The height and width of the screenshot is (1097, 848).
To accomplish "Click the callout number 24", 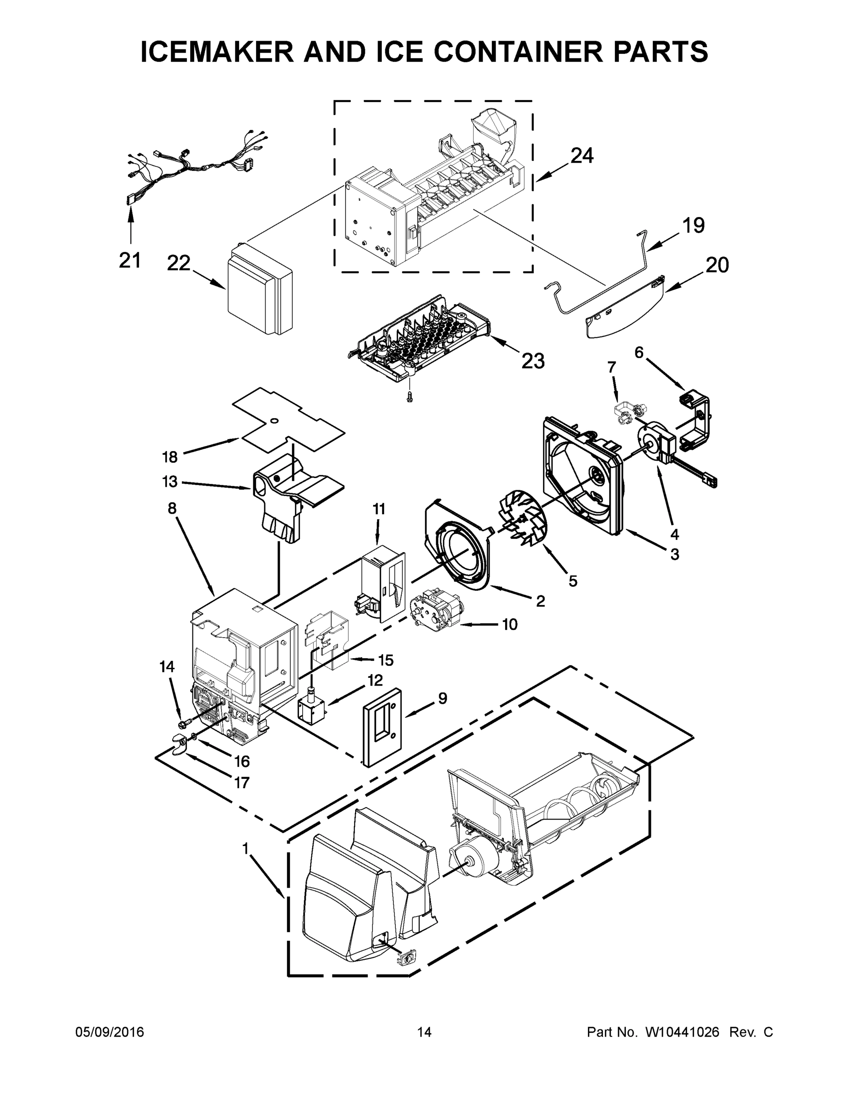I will tap(582, 156).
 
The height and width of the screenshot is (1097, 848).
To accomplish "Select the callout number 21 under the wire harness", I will tap(130, 260).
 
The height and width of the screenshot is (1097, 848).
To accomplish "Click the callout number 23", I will tap(533, 361).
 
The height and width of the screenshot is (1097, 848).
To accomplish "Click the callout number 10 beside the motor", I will tap(509, 624).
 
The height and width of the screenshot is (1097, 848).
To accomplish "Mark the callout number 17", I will tap(242, 782).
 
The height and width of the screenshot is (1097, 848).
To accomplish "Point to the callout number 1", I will tap(245, 849).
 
